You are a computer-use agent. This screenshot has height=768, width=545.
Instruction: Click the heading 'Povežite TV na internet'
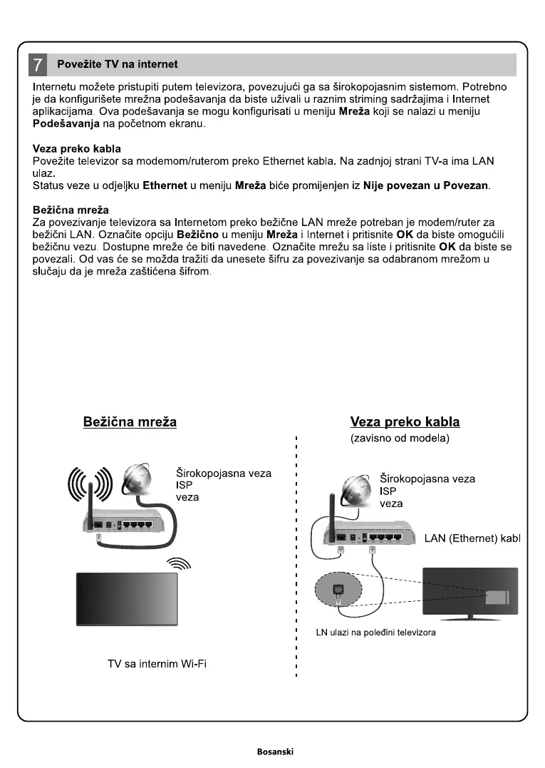(118, 65)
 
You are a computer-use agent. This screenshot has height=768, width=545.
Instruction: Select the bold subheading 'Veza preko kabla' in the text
(77, 149)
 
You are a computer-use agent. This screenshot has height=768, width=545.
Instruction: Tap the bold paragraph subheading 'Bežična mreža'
(71, 210)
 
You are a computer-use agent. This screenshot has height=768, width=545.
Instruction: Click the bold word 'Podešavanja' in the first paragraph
(66, 124)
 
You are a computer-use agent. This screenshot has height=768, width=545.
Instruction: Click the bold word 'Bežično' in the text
(202, 235)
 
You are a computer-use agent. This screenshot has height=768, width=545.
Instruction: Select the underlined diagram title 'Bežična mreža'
(130, 422)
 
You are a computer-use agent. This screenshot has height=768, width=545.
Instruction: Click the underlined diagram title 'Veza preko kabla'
(405, 422)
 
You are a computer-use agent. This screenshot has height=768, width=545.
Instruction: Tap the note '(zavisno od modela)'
(400, 439)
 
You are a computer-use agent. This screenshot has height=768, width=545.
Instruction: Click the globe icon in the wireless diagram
(137, 481)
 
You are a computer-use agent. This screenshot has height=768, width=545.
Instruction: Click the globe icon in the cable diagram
(357, 490)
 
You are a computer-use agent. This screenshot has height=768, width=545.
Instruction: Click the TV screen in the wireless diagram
(127, 598)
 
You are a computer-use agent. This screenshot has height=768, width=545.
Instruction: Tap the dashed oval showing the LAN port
(338, 590)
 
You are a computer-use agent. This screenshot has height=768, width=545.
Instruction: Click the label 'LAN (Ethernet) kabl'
(472, 538)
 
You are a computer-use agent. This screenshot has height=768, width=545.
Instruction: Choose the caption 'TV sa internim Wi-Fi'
(157, 665)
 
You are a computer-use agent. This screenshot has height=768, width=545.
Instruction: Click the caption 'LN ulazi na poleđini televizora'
(375, 633)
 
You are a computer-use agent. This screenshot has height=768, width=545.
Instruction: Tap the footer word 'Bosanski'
(275, 752)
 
